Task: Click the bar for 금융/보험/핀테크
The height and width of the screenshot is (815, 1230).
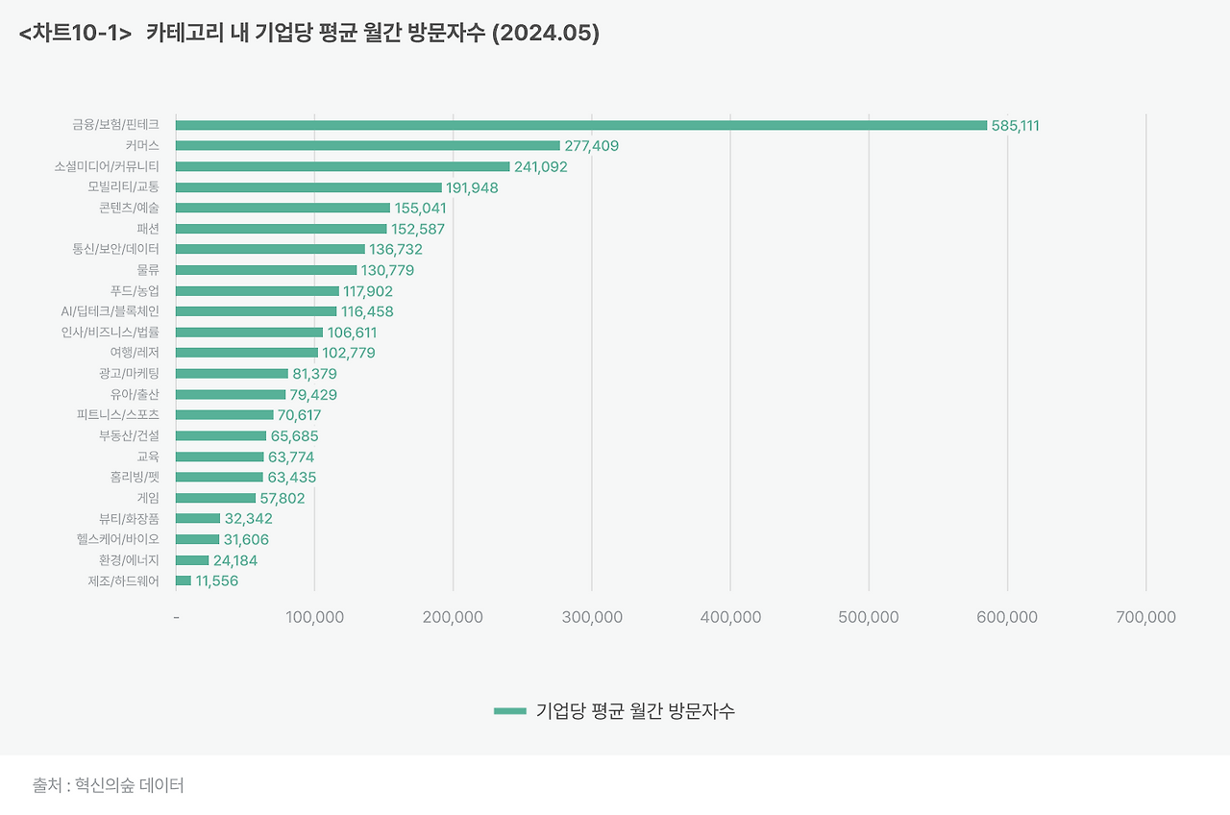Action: (x=580, y=125)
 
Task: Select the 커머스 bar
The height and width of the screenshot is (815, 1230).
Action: (x=367, y=146)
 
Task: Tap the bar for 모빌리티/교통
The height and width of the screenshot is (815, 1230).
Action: (x=308, y=187)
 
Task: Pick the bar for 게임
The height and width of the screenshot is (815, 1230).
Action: (x=215, y=498)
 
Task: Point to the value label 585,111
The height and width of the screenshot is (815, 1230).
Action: (x=1016, y=126)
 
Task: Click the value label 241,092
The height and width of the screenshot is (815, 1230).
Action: (x=541, y=167)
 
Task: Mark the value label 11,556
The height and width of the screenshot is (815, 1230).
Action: (x=216, y=581)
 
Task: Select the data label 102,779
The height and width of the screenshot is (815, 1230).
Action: (x=348, y=353)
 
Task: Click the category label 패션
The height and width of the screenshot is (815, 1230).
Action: (x=148, y=229)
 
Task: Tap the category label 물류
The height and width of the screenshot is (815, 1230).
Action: (x=148, y=270)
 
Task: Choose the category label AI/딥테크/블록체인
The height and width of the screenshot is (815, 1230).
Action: (x=110, y=311)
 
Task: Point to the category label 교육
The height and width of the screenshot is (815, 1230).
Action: (x=148, y=457)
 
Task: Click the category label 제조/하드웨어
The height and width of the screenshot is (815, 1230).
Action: (x=123, y=580)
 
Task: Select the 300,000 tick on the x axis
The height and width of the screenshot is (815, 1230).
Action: (x=592, y=617)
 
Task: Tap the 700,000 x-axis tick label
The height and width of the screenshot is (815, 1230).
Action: (x=1145, y=617)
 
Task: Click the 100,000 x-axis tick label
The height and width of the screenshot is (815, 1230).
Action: (x=315, y=617)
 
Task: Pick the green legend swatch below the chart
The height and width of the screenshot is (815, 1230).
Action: (x=509, y=711)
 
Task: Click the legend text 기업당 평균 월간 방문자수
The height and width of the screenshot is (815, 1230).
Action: (x=635, y=711)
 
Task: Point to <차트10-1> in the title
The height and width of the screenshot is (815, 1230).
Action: (x=75, y=34)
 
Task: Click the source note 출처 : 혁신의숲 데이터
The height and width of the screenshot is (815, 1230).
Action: (x=109, y=785)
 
